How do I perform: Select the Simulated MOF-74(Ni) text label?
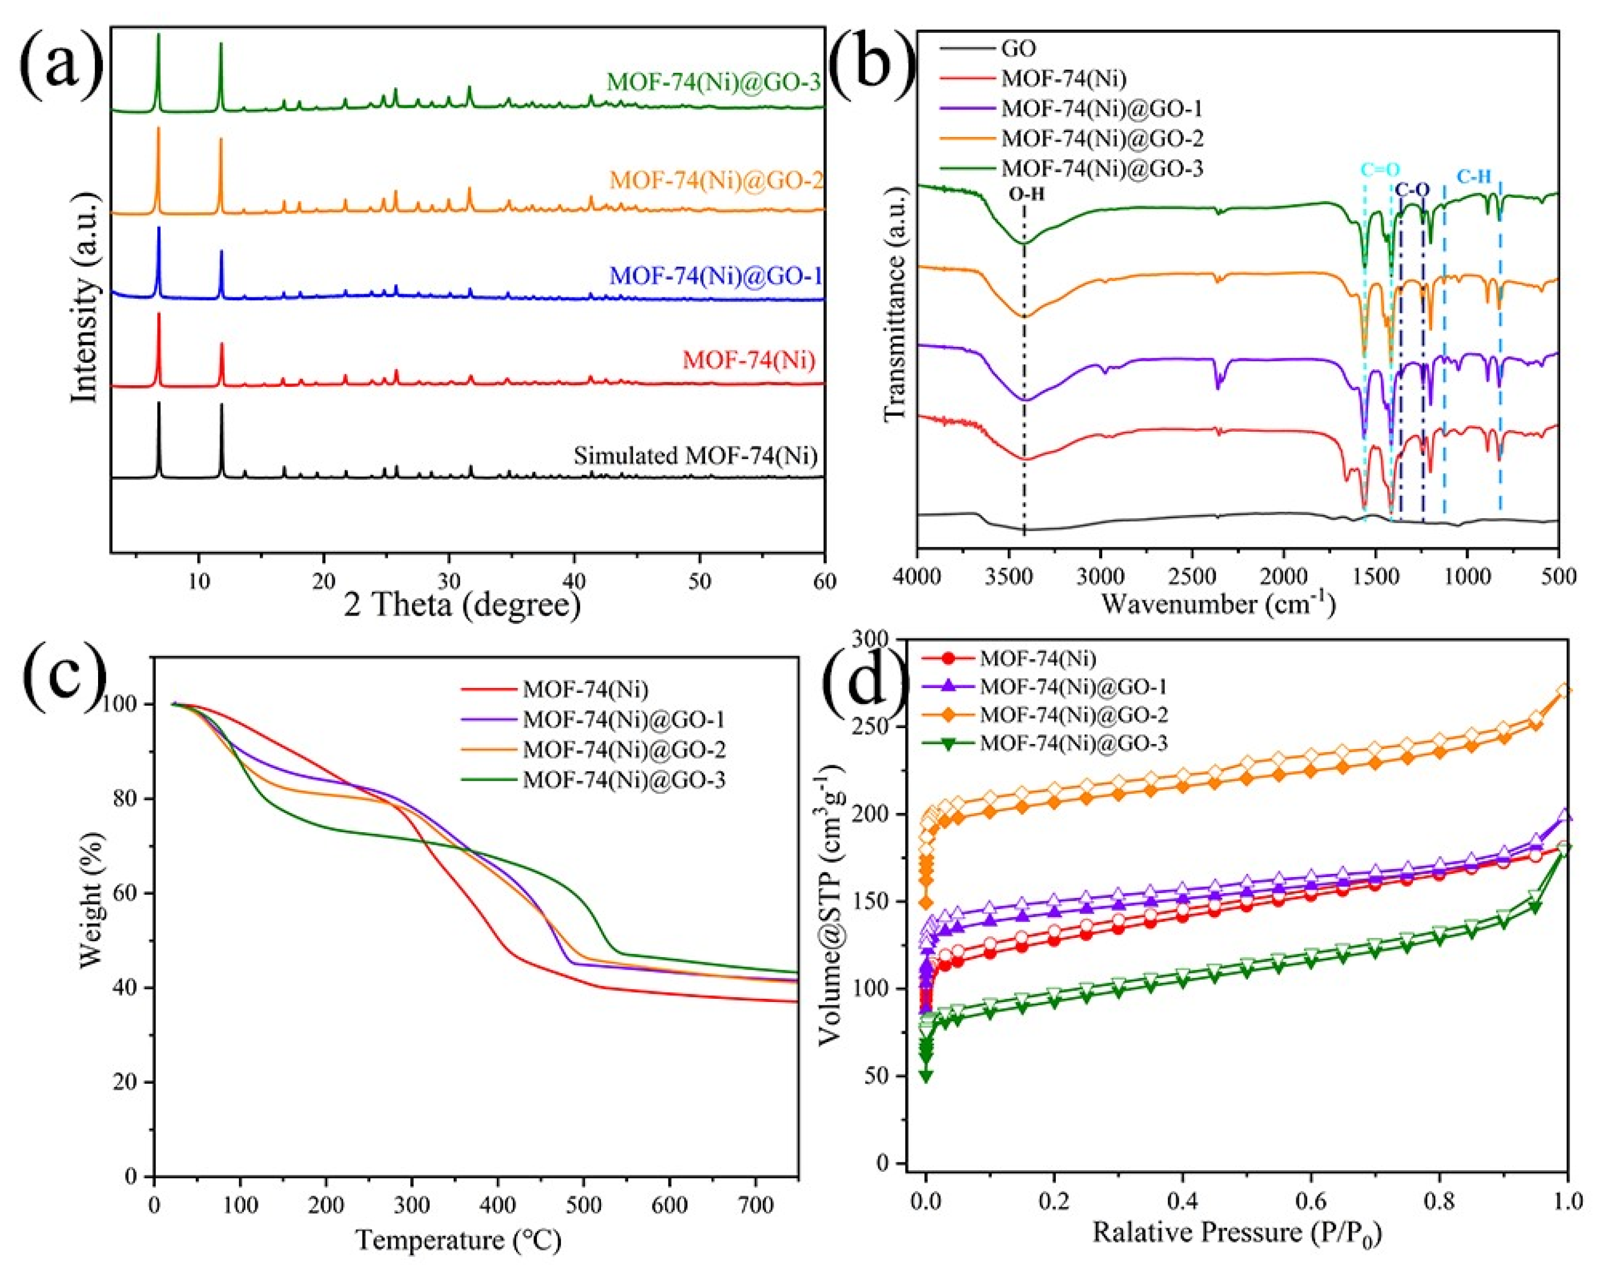(695, 455)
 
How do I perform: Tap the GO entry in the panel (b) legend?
(1018, 49)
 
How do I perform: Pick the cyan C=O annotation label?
(1380, 170)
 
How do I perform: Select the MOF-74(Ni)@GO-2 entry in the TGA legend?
(623, 750)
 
